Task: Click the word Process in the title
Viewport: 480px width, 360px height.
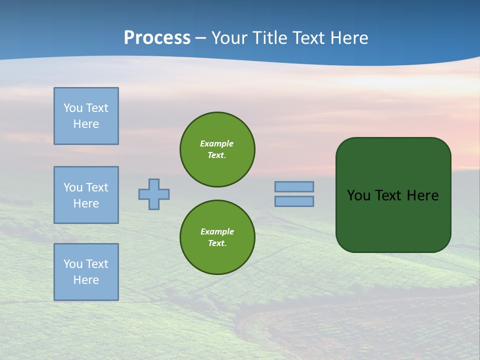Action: [x=157, y=38]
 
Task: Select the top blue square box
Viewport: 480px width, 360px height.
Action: [x=86, y=116]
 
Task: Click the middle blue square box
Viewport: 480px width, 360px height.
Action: [x=86, y=195]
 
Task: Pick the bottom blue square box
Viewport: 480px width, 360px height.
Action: [x=86, y=272]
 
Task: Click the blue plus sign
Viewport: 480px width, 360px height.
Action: [x=154, y=194]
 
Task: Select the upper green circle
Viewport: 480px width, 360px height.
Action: [x=217, y=149]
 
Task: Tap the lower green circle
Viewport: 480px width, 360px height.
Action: [x=217, y=237]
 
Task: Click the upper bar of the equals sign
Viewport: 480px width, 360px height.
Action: [x=294, y=186]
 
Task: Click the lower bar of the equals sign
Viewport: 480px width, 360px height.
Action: [x=294, y=201]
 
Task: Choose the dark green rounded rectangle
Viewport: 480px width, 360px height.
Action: [x=393, y=220]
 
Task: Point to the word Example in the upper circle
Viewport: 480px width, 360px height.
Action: [x=217, y=143]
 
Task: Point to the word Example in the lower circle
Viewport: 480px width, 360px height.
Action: [x=217, y=231]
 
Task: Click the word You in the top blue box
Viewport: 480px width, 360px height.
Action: [x=73, y=108]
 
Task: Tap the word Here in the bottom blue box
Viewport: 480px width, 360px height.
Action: [x=86, y=280]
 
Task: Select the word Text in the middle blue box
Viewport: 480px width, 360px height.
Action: [x=96, y=187]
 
